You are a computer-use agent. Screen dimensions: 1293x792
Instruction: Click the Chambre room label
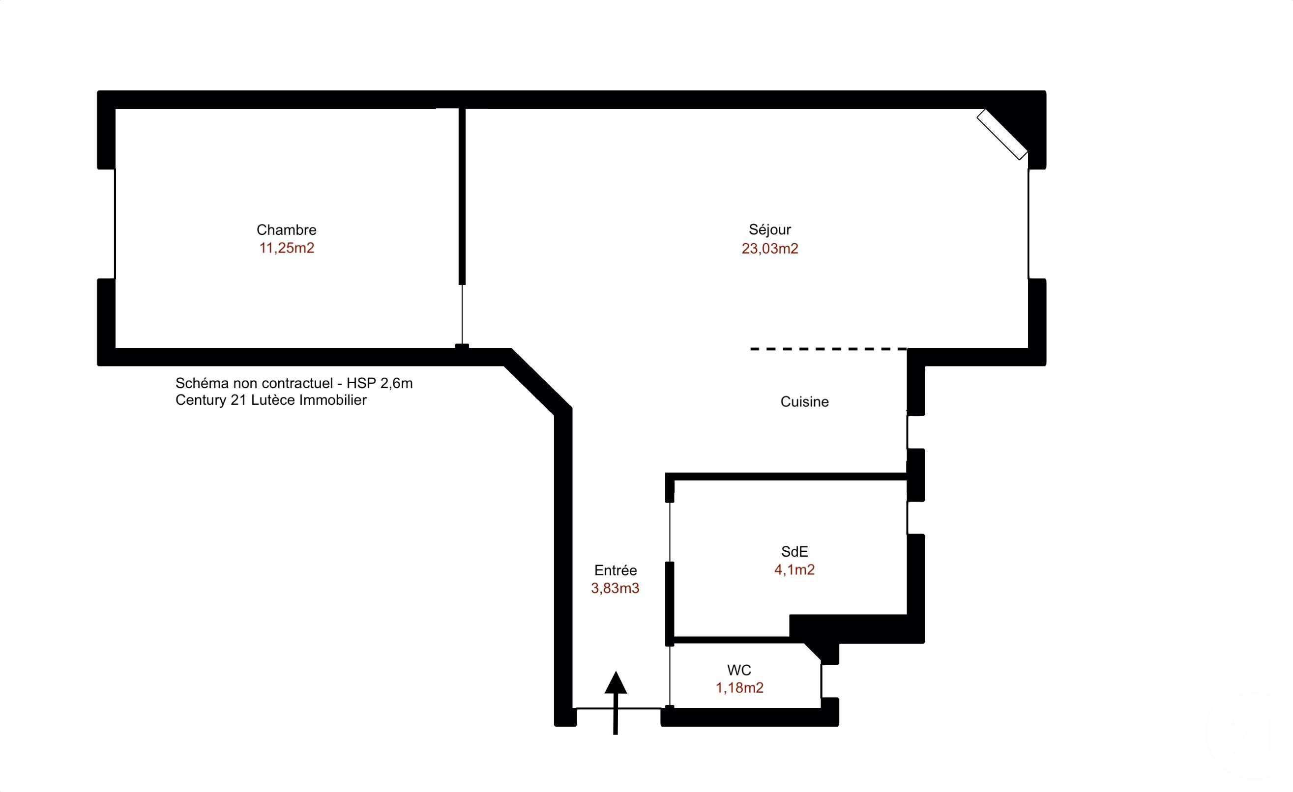tap(286, 230)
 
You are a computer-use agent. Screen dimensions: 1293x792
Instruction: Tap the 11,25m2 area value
tap(287, 248)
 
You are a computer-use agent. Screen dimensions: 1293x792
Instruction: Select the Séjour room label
tap(770, 230)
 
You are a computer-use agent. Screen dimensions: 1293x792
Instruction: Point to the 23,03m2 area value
tap(770, 249)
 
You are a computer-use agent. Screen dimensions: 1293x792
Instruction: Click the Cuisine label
tap(804, 402)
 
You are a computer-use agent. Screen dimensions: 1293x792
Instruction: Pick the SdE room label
tap(794, 551)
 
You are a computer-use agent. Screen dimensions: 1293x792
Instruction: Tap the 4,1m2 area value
tap(794, 569)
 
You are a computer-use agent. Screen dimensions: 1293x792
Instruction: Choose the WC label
tap(739, 670)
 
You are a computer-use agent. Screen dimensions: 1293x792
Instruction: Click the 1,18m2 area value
tap(739, 688)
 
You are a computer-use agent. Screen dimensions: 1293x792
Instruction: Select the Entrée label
tap(616, 570)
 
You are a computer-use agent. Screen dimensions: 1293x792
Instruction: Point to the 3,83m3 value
tap(615, 589)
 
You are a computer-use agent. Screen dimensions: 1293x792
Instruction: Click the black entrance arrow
tap(616, 703)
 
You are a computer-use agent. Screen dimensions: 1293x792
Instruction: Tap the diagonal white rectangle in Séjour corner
tap(1002, 134)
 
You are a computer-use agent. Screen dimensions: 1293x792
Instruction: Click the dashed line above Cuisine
tap(828, 349)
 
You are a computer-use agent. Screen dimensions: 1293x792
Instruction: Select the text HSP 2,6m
tap(380, 383)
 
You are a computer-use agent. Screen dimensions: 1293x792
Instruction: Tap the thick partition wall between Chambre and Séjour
tap(462, 197)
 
